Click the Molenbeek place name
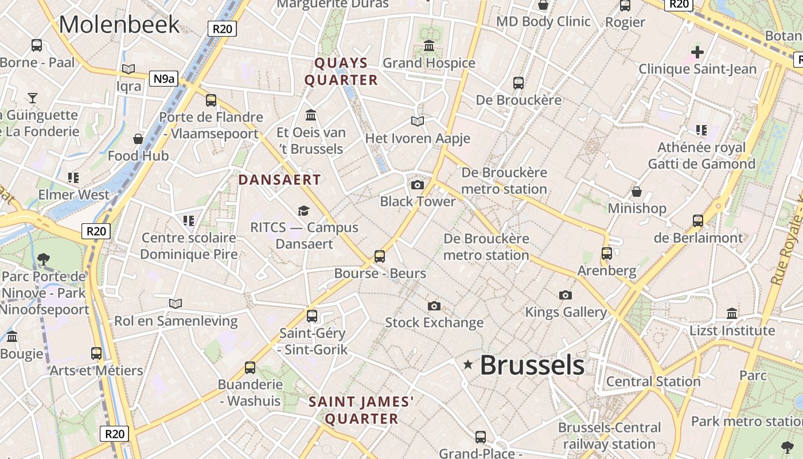119,25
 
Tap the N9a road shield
163,79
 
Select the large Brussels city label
532,365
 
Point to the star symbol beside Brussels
468,364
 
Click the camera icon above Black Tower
418,185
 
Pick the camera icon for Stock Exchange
434,306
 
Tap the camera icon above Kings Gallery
566,295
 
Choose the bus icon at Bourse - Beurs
380,256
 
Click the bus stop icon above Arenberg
607,253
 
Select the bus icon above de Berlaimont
698,220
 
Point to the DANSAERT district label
279,180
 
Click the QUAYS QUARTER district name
341,71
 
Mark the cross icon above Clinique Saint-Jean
697,52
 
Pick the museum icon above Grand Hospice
429,45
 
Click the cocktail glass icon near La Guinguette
33,98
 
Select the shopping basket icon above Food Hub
138,139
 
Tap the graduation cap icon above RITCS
303,211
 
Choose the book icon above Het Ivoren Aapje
418,121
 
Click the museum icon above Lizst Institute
732,313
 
